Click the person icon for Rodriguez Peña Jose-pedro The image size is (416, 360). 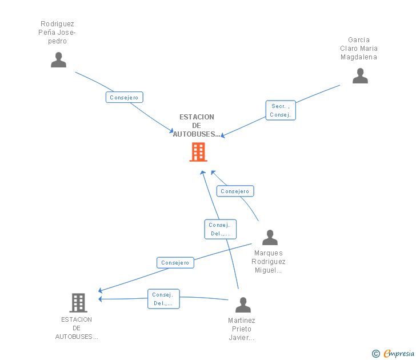[x=58, y=59]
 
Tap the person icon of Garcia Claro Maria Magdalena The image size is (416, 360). [x=360, y=75]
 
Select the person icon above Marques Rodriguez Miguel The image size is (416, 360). [x=270, y=238]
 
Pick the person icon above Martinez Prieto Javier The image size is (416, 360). [x=243, y=305]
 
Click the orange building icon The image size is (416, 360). [x=198, y=152]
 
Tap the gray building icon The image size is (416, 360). [x=78, y=303]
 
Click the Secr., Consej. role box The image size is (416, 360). [x=281, y=110]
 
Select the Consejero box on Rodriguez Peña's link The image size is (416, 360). [x=125, y=97]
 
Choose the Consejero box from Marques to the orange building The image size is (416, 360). [x=235, y=191]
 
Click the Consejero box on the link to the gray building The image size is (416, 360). [x=175, y=263]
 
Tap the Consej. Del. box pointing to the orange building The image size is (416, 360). [x=221, y=229]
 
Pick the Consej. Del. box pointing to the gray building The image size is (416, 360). [x=163, y=299]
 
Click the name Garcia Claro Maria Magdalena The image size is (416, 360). [x=359, y=48]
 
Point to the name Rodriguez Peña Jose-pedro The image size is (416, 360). [x=57, y=33]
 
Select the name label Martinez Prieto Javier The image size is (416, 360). [x=241, y=329]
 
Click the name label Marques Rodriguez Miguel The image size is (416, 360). [x=269, y=262]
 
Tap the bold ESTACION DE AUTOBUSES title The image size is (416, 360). [x=197, y=126]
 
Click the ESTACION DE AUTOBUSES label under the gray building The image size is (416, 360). [x=77, y=328]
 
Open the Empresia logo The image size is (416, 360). [x=399, y=354]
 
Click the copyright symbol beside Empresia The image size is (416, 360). [x=376, y=354]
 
